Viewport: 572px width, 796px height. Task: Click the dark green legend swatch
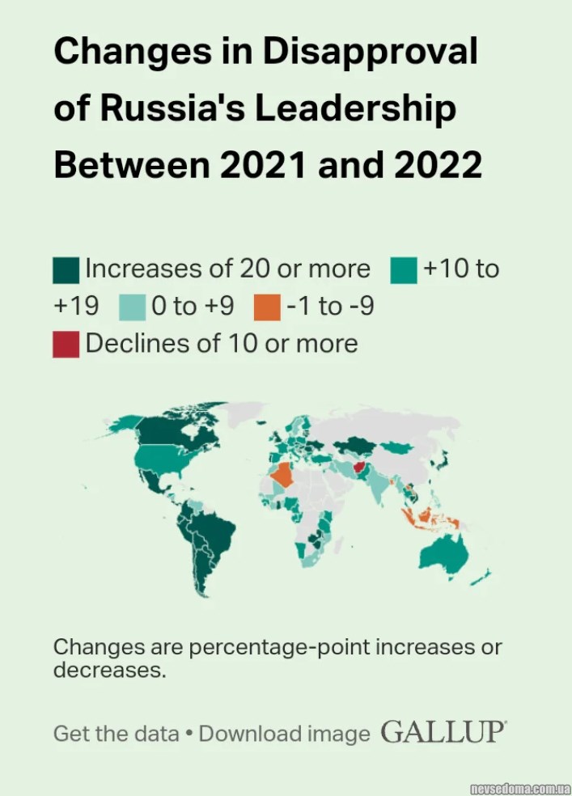[66, 269]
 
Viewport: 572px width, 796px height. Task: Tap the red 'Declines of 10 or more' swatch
[66, 344]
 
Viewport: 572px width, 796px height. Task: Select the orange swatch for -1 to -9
[267, 307]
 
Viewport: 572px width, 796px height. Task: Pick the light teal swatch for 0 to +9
[132, 307]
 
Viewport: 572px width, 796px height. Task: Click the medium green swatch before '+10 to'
[404, 269]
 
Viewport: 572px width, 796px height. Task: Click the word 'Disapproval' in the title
[371, 52]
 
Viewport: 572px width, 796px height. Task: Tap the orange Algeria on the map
[285, 475]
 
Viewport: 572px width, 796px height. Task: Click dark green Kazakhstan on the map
[356, 444]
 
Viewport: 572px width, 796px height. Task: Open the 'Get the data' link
[116, 734]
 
